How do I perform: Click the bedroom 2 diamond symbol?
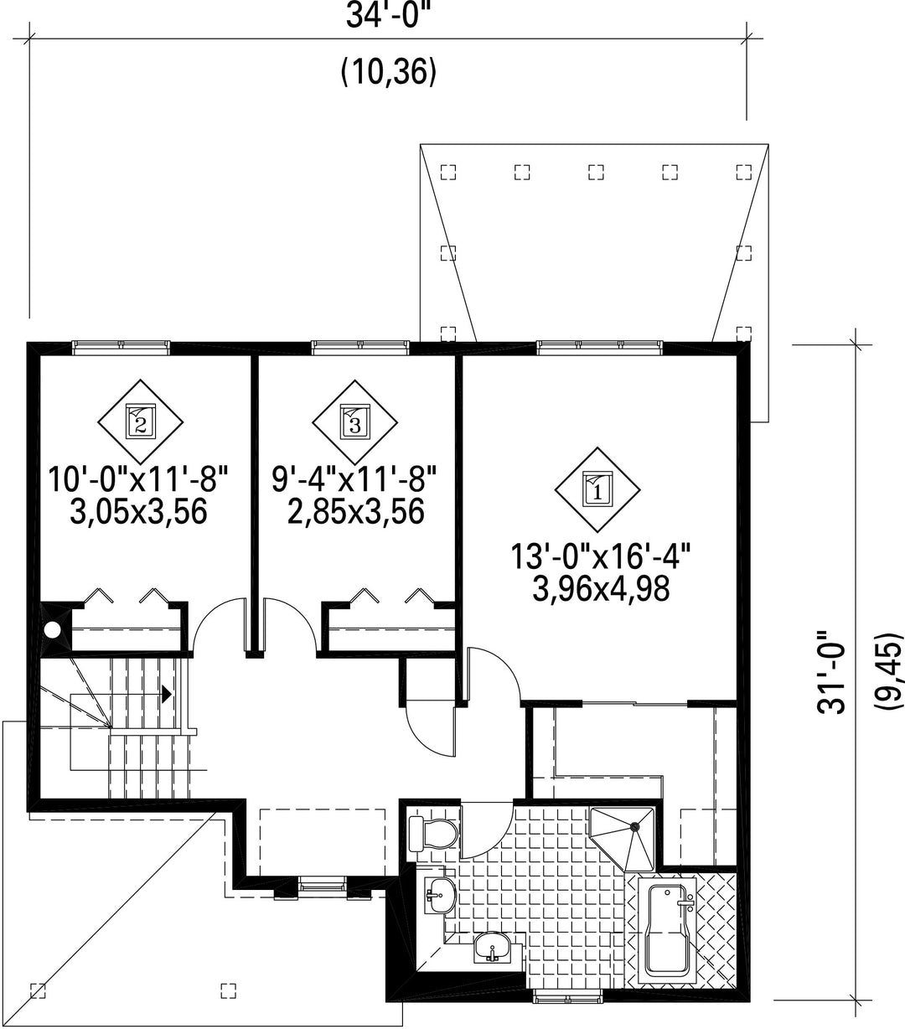point(140,420)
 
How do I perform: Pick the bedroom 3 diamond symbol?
point(354,420)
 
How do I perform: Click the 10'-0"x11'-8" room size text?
point(138,481)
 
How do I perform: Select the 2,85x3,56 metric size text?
point(354,510)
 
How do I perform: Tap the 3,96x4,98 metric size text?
point(601,589)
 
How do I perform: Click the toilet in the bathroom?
point(432,835)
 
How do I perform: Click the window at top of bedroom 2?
point(122,345)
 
